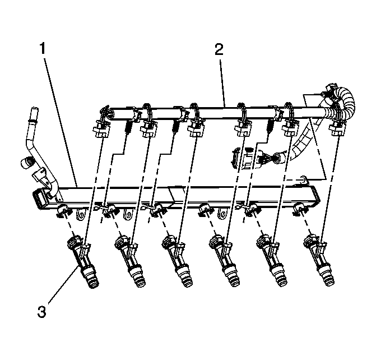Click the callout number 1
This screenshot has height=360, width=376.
coord(43,49)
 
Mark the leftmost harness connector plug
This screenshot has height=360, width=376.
coord(100,131)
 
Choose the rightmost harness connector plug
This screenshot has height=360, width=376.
coord(336,131)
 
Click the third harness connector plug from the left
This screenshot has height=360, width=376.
coord(194,131)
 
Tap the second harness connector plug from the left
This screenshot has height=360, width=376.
coord(148,131)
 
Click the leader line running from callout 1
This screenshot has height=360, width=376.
coord(59,112)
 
